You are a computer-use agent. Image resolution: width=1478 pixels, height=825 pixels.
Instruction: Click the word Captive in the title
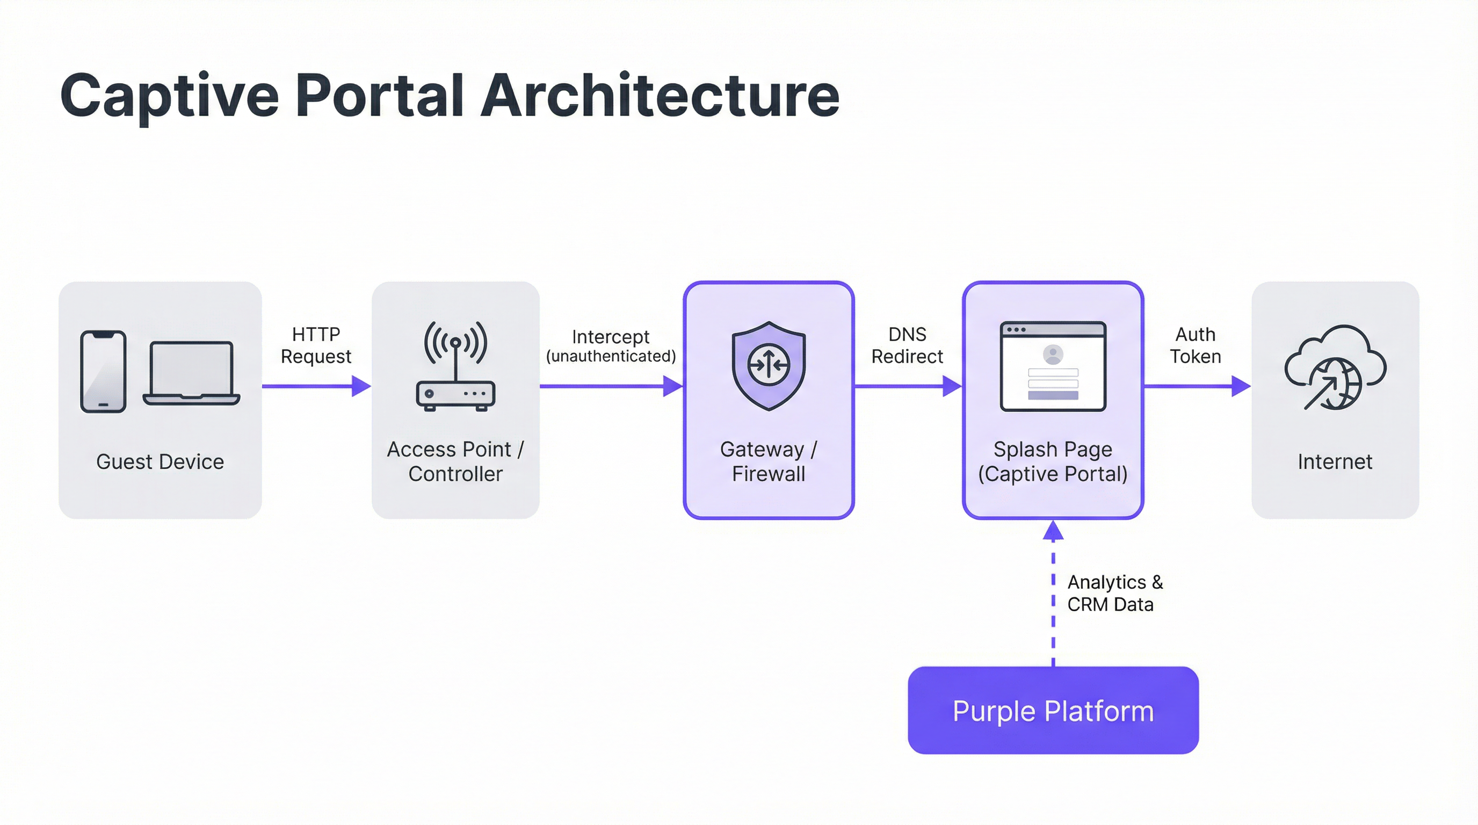tap(169, 96)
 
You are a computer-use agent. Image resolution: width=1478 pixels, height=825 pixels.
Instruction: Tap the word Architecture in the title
tap(660, 96)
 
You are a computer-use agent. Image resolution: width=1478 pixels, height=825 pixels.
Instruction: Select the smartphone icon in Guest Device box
tap(103, 371)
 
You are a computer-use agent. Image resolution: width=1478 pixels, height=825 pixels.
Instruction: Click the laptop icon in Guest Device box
tap(191, 373)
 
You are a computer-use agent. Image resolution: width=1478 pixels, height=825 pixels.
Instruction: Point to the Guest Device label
tap(160, 462)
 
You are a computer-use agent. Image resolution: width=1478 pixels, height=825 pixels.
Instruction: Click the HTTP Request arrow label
tap(316, 345)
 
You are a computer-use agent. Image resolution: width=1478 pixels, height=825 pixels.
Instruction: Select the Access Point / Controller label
tap(455, 461)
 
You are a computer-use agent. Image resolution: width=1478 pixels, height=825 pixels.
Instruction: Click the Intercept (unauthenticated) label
tap(611, 346)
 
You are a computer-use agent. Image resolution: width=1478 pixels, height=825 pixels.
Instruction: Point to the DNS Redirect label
tap(907, 345)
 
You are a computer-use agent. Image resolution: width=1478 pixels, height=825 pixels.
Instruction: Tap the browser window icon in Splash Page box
tap(1053, 366)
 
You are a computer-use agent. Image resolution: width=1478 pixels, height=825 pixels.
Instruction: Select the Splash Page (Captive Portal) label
tap(1053, 461)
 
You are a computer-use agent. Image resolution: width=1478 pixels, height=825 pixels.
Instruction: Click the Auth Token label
tap(1195, 345)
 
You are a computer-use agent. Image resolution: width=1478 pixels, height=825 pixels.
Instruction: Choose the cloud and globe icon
tap(1335, 367)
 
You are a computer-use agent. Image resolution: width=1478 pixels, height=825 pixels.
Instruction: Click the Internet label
tap(1335, 462)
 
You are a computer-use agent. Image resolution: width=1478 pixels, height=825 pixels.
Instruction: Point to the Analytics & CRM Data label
tap(1114, 593)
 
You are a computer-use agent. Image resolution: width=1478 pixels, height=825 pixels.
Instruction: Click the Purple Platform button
tap(1053, 710)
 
